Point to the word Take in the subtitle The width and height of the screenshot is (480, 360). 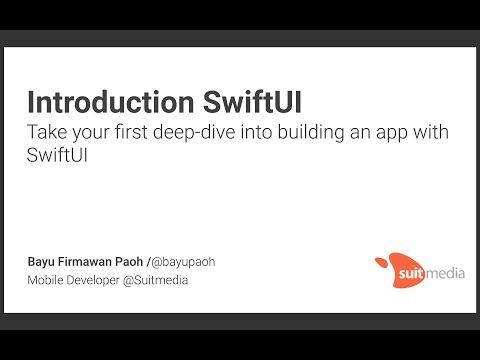pos(46,133)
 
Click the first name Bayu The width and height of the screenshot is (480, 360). pos(42,262)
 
